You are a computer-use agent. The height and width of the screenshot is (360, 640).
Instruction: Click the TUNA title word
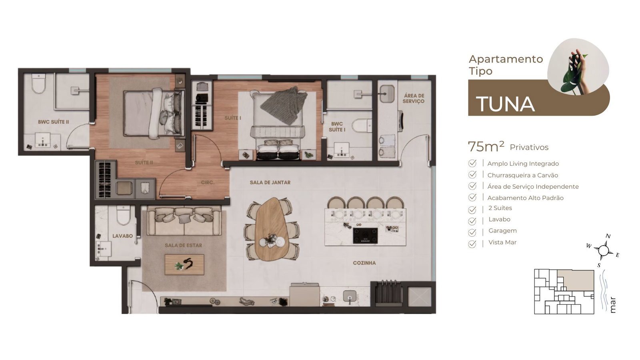(505, 104)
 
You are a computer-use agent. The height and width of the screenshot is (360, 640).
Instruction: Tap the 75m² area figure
(486, 146)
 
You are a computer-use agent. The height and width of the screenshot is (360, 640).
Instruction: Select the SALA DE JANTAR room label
(270, 182)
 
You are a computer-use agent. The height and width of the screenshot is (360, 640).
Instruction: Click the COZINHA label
(364, 263)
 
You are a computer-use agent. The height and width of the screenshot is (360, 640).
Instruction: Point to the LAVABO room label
(122, 236)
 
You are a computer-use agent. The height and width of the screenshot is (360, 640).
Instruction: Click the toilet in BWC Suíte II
(38, 84)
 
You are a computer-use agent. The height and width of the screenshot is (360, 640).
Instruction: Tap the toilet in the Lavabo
(123, 216)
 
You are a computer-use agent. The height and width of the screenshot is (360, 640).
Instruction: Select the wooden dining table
(272, 229)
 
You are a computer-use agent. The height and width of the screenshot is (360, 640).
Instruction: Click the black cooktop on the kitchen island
(365, 236)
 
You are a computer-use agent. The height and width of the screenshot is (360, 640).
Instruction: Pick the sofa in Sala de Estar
(184, 221)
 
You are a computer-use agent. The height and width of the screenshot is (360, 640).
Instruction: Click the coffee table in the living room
(184, 264)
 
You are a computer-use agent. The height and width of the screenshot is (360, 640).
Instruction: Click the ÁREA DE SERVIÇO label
(414, 98)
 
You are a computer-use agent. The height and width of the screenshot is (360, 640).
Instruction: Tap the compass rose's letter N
(608, 236)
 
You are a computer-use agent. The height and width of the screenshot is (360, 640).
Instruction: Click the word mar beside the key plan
(612, 305)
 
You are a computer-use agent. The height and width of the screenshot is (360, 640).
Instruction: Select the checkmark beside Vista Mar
(472, 244)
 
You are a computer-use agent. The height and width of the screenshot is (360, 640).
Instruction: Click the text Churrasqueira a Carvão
(522, 175)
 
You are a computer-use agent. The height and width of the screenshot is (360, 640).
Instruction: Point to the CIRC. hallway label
(208, 182)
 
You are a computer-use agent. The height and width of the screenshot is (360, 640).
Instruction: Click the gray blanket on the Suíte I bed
(284, 104)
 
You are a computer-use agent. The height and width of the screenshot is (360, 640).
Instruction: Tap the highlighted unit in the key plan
(576, 280)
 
